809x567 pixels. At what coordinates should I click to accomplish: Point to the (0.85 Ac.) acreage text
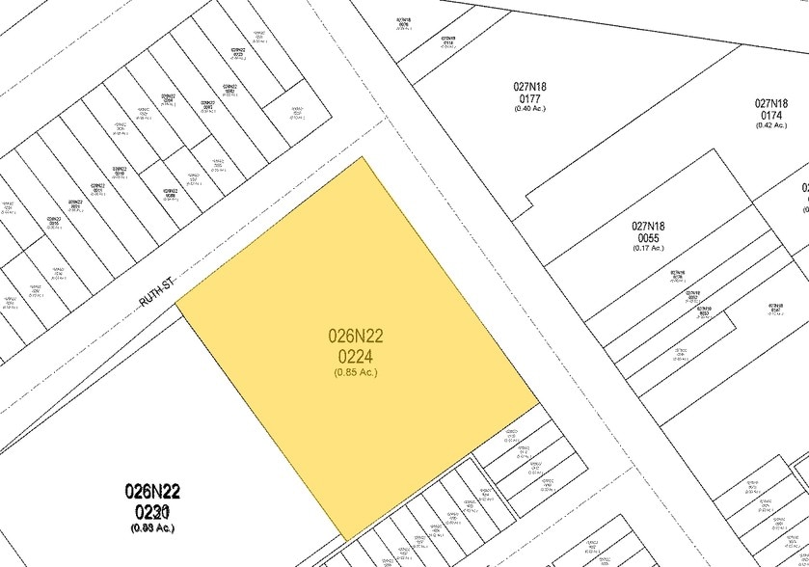(x=356, y=371)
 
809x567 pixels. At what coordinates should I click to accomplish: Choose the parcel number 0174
(x=771, y=115)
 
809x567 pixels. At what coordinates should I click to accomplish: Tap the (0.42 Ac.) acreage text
(x=771, y=125)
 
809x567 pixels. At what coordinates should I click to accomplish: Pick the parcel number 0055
(x=649, y=238)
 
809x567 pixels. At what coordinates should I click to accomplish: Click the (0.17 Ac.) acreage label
(x=649, y=249)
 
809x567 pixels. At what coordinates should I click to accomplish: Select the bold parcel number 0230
(x=152, y=511)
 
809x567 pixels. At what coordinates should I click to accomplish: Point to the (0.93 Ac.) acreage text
(x=152, y=526)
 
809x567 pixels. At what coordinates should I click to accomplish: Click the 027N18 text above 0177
(x=529, y=86)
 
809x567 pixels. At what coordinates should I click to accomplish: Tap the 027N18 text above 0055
(x=649, y=227)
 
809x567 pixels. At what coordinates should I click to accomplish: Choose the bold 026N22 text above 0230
(x=152, y=492)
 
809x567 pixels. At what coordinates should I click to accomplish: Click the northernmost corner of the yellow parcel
(x=363, y=157)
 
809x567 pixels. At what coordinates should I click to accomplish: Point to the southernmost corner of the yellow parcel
(x=345, y=540)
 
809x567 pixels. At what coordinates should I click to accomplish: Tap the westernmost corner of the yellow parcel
(x=175, y=301)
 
